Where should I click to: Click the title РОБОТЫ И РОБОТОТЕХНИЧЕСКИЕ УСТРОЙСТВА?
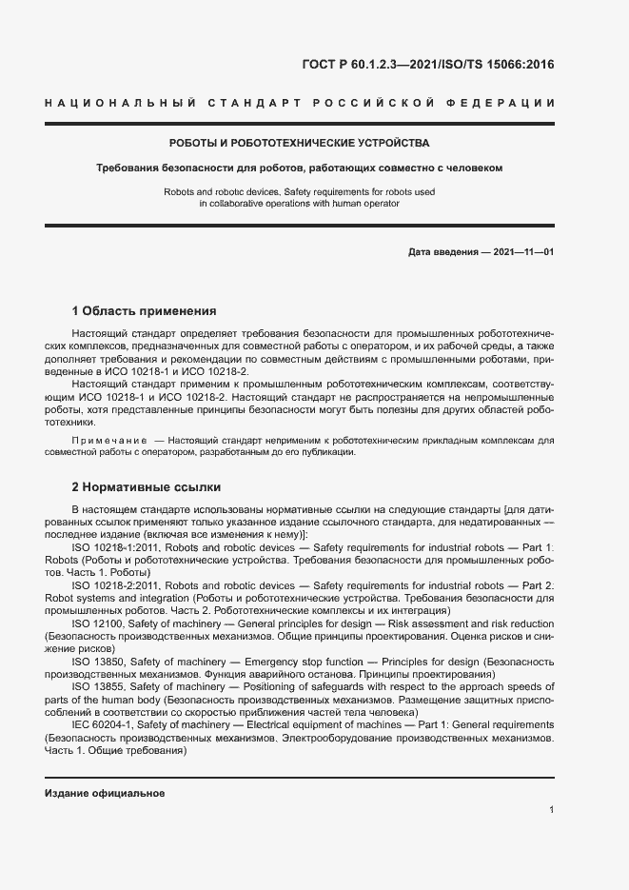(300, 143)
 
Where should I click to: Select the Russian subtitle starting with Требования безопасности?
(300, 168)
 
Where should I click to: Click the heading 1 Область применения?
(145, 311)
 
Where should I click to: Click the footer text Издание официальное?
(105, 792)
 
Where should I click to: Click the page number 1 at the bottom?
(551, 810)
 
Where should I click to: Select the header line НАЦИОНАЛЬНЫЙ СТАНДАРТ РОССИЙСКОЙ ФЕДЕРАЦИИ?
(300, 103)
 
